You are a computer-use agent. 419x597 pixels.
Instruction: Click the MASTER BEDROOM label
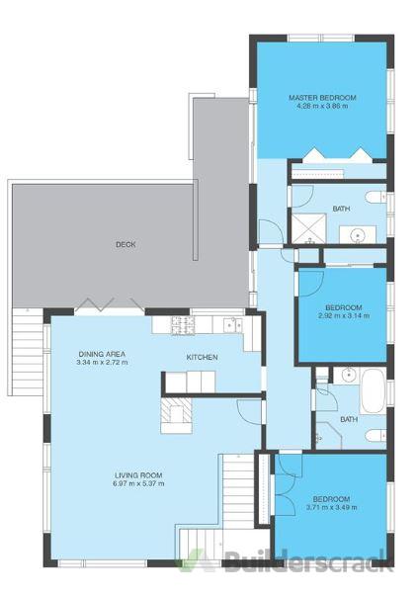pos(322,98)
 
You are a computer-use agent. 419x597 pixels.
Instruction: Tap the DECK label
pos(126,244)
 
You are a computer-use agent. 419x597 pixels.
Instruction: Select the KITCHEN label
pos(202,357)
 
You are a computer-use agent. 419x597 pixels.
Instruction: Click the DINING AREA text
pos(102,354)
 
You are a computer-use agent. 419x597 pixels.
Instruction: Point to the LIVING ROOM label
pos(138,475)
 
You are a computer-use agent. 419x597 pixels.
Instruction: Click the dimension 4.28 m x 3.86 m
pos(322,106)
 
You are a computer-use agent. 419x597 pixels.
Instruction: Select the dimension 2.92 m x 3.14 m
pos(344,315)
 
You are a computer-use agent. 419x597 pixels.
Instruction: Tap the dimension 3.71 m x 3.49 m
pos(331,507)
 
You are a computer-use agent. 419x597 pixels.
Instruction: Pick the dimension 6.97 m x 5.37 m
pos(138,483)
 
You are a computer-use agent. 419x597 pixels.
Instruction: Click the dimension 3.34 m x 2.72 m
pos(102,362)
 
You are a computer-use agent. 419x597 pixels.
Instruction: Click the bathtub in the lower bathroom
pos(373,390)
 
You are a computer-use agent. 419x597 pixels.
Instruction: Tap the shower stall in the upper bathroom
pos(308,228)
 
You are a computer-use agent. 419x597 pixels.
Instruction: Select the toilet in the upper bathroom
pos(376,198)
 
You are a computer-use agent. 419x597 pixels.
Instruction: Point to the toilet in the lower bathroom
pos(376,436)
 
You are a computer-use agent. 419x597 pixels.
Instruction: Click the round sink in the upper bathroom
pos(358,235)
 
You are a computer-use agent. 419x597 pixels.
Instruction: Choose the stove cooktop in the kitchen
pos(183,326)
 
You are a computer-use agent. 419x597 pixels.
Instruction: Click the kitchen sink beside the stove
pos(233,324)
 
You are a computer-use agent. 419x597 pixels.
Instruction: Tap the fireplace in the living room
pos(176,414)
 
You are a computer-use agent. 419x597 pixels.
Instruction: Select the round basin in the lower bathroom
pos(349,376)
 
